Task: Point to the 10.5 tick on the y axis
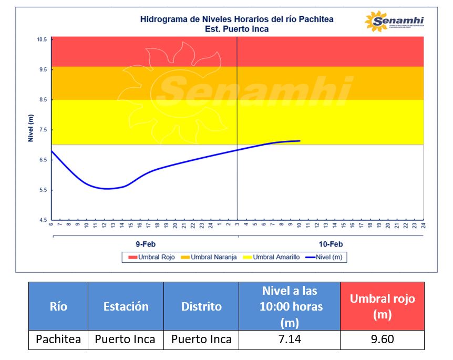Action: (42, 40)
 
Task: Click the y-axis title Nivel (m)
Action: (30, 129)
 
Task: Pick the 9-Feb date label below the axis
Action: (146, 244)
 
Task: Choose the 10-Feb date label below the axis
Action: (331, 244)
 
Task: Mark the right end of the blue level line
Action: (300, 141)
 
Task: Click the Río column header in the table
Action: (58, 306)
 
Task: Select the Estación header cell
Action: (126, 306)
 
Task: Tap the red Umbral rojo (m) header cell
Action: (382, 306)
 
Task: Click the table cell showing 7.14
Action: (289, 340)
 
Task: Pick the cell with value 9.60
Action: (382, 340)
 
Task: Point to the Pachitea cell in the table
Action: (58, 340)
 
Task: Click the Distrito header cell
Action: (201, 306)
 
